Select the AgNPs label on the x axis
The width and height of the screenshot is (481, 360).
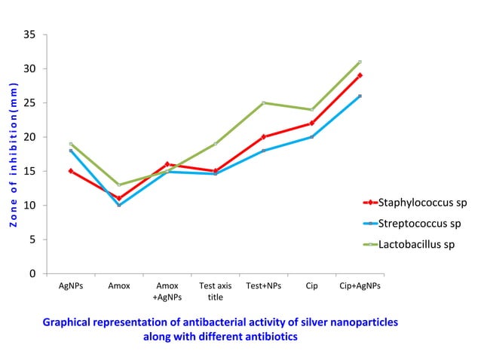click(71, 286)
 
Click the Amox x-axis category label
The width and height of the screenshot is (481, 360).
click(119, 286)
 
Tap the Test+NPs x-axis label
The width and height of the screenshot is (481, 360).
click(263, 286)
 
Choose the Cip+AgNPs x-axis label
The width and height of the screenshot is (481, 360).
click(360, 286)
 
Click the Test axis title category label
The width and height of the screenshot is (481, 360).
click(216, 291)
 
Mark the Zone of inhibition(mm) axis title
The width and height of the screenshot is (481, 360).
click(14, 154)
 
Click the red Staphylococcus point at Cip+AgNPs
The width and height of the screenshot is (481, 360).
click(360, 75)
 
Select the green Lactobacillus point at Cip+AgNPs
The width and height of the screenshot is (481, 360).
click(360, 62)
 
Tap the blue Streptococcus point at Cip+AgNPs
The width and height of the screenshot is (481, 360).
click(360, 96)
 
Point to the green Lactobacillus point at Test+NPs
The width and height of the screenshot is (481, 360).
click(263, 102)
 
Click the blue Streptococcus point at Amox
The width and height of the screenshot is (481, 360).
click(119, 205)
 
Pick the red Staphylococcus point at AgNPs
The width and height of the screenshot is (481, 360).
click(71, 171)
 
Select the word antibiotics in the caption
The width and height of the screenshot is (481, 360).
click(270, 337)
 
